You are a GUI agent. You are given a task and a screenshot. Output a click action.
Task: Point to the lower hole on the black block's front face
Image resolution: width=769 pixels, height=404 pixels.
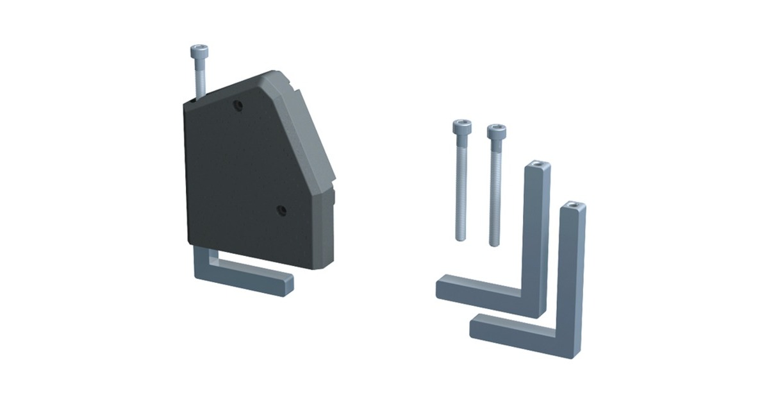pos(280,209)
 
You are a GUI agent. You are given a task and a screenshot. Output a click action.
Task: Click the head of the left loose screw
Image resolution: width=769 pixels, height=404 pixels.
pos(459,127)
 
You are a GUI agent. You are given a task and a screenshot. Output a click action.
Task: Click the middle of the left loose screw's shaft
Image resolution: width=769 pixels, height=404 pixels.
pos(460,186)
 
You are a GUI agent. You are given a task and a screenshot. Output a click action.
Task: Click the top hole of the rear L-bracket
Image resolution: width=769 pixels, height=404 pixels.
pos(539,167)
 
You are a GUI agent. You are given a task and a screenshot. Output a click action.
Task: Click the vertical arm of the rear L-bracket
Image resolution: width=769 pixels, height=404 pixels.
pos(537,231)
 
